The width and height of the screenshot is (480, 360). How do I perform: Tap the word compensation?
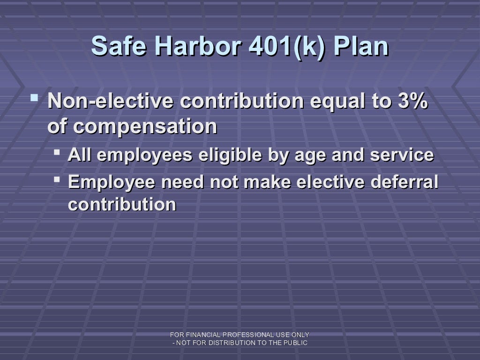[145, 127]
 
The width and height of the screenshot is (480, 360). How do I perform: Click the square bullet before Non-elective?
[34, 99]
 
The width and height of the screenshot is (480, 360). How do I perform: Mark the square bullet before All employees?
[57, 153]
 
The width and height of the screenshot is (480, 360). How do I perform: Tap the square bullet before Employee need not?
[57, 179]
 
